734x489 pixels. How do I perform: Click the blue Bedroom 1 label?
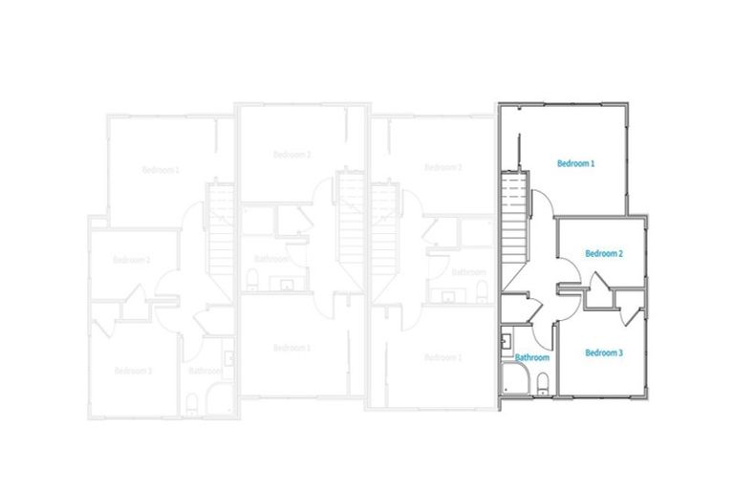pyautogui.click(x=576, y=163)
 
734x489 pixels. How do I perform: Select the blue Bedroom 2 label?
pyautogui.click(x=604, y=253)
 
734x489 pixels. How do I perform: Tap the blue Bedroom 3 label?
pyautogui.click(x=604, y=352)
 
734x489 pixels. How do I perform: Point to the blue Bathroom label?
pyautogui.click(x=532, y=358)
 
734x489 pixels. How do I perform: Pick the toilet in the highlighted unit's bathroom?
pyautogui.click(x=542, y=385)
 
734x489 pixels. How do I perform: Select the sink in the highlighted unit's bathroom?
pyautogui.click(x=506, y=338)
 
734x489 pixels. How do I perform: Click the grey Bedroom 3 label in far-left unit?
pyautogui.click(x=133, y=370)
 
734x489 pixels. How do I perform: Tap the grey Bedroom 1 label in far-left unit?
pyautogui.click(x=161, y=169)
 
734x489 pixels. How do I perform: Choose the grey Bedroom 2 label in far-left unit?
pyautogui.click(x=132, y=260)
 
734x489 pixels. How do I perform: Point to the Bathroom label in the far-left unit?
pyautogui.click(x=205, y=370)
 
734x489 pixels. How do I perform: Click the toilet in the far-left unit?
pyautogui.click(x=192, y=400)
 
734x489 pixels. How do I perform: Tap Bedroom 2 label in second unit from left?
pyautogui.click(x=291, y=154)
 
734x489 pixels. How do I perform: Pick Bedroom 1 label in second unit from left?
pyautogui.click(x=291, y=347)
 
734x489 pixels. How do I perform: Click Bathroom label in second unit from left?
pyautogui.click(x=271, y=259)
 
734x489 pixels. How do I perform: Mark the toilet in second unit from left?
pyautogui.click(x=253, y=280)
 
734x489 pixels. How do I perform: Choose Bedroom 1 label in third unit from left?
pyautogui.click(x=443, y=357)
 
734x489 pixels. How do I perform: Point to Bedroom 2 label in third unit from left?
pyautogui.click(x=443, y=167)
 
